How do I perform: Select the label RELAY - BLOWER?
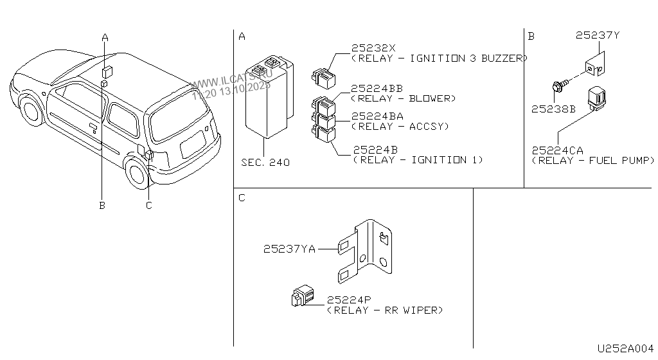(403, 98)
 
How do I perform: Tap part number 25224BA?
(377, 116)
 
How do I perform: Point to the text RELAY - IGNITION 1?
(418, 159)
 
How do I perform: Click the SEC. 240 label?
(265, 163)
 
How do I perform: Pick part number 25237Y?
(598, 36)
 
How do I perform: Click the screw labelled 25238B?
(559, 84)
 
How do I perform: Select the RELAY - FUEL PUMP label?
(592, 160)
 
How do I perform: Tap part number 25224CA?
(558, 150)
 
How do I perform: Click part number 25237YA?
(289, 249)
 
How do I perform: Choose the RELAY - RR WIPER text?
(385, 310)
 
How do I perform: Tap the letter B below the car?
(102, 206)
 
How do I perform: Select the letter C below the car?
(148, 206)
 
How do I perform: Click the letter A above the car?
(105, 37)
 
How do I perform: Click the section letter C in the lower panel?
(242, 198)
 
